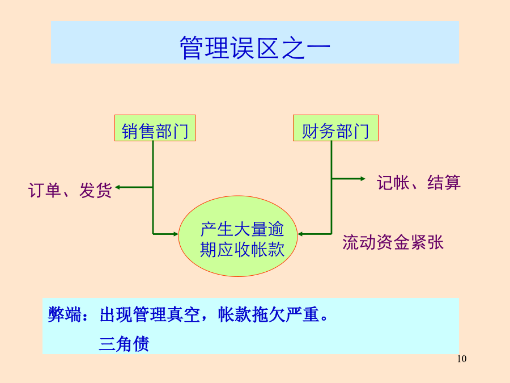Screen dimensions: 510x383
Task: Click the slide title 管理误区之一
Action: [255, 48]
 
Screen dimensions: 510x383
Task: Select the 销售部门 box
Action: [155, 128]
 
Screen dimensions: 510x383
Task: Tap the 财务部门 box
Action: [335, 128]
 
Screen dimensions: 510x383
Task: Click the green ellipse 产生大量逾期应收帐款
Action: [238, 236]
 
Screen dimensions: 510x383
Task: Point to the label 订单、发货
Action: [70, 190]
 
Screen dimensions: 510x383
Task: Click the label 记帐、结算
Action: [419, 182]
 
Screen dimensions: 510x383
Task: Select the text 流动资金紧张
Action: [393, 242]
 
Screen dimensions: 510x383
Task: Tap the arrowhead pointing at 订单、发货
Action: [118, 187]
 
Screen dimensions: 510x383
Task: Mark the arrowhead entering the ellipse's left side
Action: [176, 234]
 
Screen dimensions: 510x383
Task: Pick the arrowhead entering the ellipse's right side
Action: [300, 234]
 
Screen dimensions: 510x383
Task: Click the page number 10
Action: [462, 359]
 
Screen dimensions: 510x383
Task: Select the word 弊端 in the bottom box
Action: [65, 314]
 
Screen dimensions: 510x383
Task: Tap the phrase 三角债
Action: [124, 344]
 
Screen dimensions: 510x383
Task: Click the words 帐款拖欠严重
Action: [269, 314]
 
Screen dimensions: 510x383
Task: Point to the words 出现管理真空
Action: [150, 314]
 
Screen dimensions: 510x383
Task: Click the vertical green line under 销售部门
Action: [153, 188]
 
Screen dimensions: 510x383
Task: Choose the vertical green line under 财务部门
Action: [331, 188]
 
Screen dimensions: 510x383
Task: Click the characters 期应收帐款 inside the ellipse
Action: [243, 250]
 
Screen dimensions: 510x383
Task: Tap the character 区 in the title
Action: [267, 48]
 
